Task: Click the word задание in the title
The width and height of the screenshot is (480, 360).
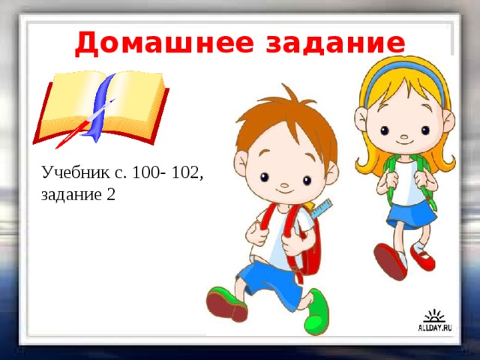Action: pyautogui.click(x=337, y=43)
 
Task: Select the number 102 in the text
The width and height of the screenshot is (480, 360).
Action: pyautogui.click(x=184, y=173)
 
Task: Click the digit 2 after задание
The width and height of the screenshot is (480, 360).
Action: pyautogui.click(x=110, y=194)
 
